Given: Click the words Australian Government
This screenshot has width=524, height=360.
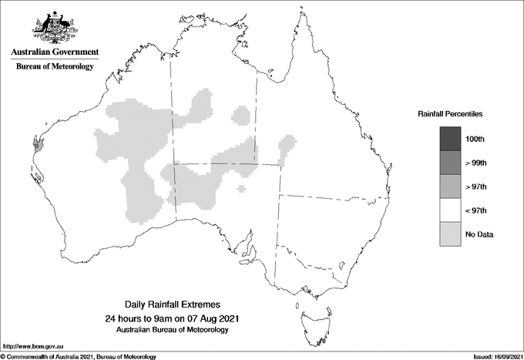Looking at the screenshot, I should [x=55, y=52].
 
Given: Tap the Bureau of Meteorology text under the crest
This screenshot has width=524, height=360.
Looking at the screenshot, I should [x=55, y=67].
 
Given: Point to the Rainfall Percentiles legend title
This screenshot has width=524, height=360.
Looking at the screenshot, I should [x=450, y=114].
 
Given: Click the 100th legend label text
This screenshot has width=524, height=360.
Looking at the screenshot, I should [x=476, y=139].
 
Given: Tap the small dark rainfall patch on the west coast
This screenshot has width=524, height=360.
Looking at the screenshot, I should [x=36, y=143].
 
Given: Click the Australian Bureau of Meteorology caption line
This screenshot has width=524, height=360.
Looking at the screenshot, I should [x=173, y=330].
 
